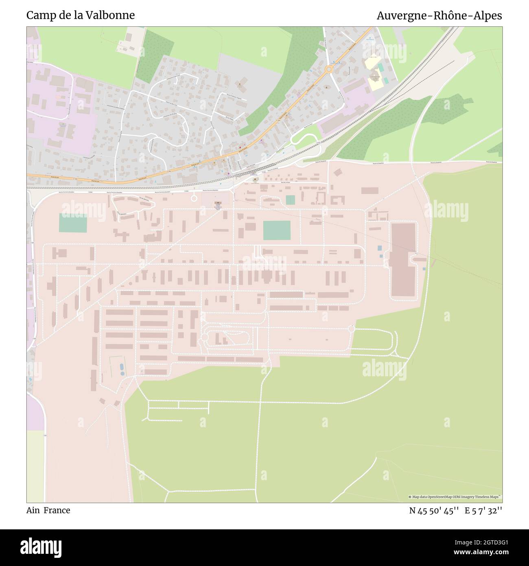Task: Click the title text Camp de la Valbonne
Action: click(81, 15)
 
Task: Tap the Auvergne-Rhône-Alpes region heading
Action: click(439, 15)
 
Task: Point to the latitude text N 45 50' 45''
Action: click(434, 511)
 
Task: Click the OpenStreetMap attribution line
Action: click(455, 497)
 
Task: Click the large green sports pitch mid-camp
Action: click(277, 230)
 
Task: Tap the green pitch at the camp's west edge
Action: click(73, 223)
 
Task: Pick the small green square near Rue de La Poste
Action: click(290, 200)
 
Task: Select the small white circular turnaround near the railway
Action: click(194, 198)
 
